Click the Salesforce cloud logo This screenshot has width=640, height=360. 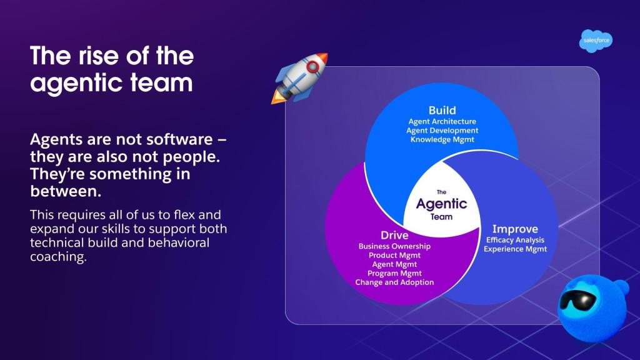(x=595, y=41)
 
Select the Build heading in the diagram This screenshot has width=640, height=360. (x=442, y=110)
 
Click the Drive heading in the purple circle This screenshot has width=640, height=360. (x=394, y=235)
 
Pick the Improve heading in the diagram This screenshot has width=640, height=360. (x=515, y=229)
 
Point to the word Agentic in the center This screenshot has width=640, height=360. (x=441, y=204)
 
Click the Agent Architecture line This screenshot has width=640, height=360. (x=442, y=121)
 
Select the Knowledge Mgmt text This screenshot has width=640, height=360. (x=442, y=139)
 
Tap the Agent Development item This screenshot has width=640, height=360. (x=442, y=131)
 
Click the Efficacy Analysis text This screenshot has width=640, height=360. (x=515, y=240)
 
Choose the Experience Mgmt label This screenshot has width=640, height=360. (x=515, y=249)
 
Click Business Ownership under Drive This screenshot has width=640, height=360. (x=394, y=246)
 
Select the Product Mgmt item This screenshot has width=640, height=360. (x=394, y=255)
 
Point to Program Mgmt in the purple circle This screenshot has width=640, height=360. (x=394, y=273)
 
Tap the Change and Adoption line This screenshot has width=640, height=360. (x=394, y=282)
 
